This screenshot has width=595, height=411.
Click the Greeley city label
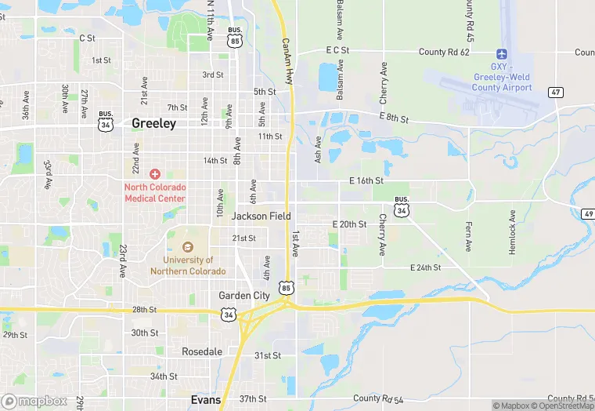[153, 123]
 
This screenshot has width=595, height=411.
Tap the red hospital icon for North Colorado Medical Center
[155, 173]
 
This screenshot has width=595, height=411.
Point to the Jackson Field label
[261, 216]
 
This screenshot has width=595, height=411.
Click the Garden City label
[243, 295]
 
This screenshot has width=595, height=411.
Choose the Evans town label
[206, 399]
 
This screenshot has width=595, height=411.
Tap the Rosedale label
[202, 351]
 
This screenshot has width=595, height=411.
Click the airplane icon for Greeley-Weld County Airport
[501, 54]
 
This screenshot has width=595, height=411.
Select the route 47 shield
[555, 92]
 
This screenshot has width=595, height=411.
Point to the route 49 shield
[587, 214]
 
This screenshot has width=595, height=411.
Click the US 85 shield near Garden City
[287, 289]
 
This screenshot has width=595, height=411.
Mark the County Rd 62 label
[444, 53]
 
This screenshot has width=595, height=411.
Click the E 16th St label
[366, 181]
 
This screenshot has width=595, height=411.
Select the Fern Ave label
[468, 234]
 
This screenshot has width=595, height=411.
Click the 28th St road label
[144, 310]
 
